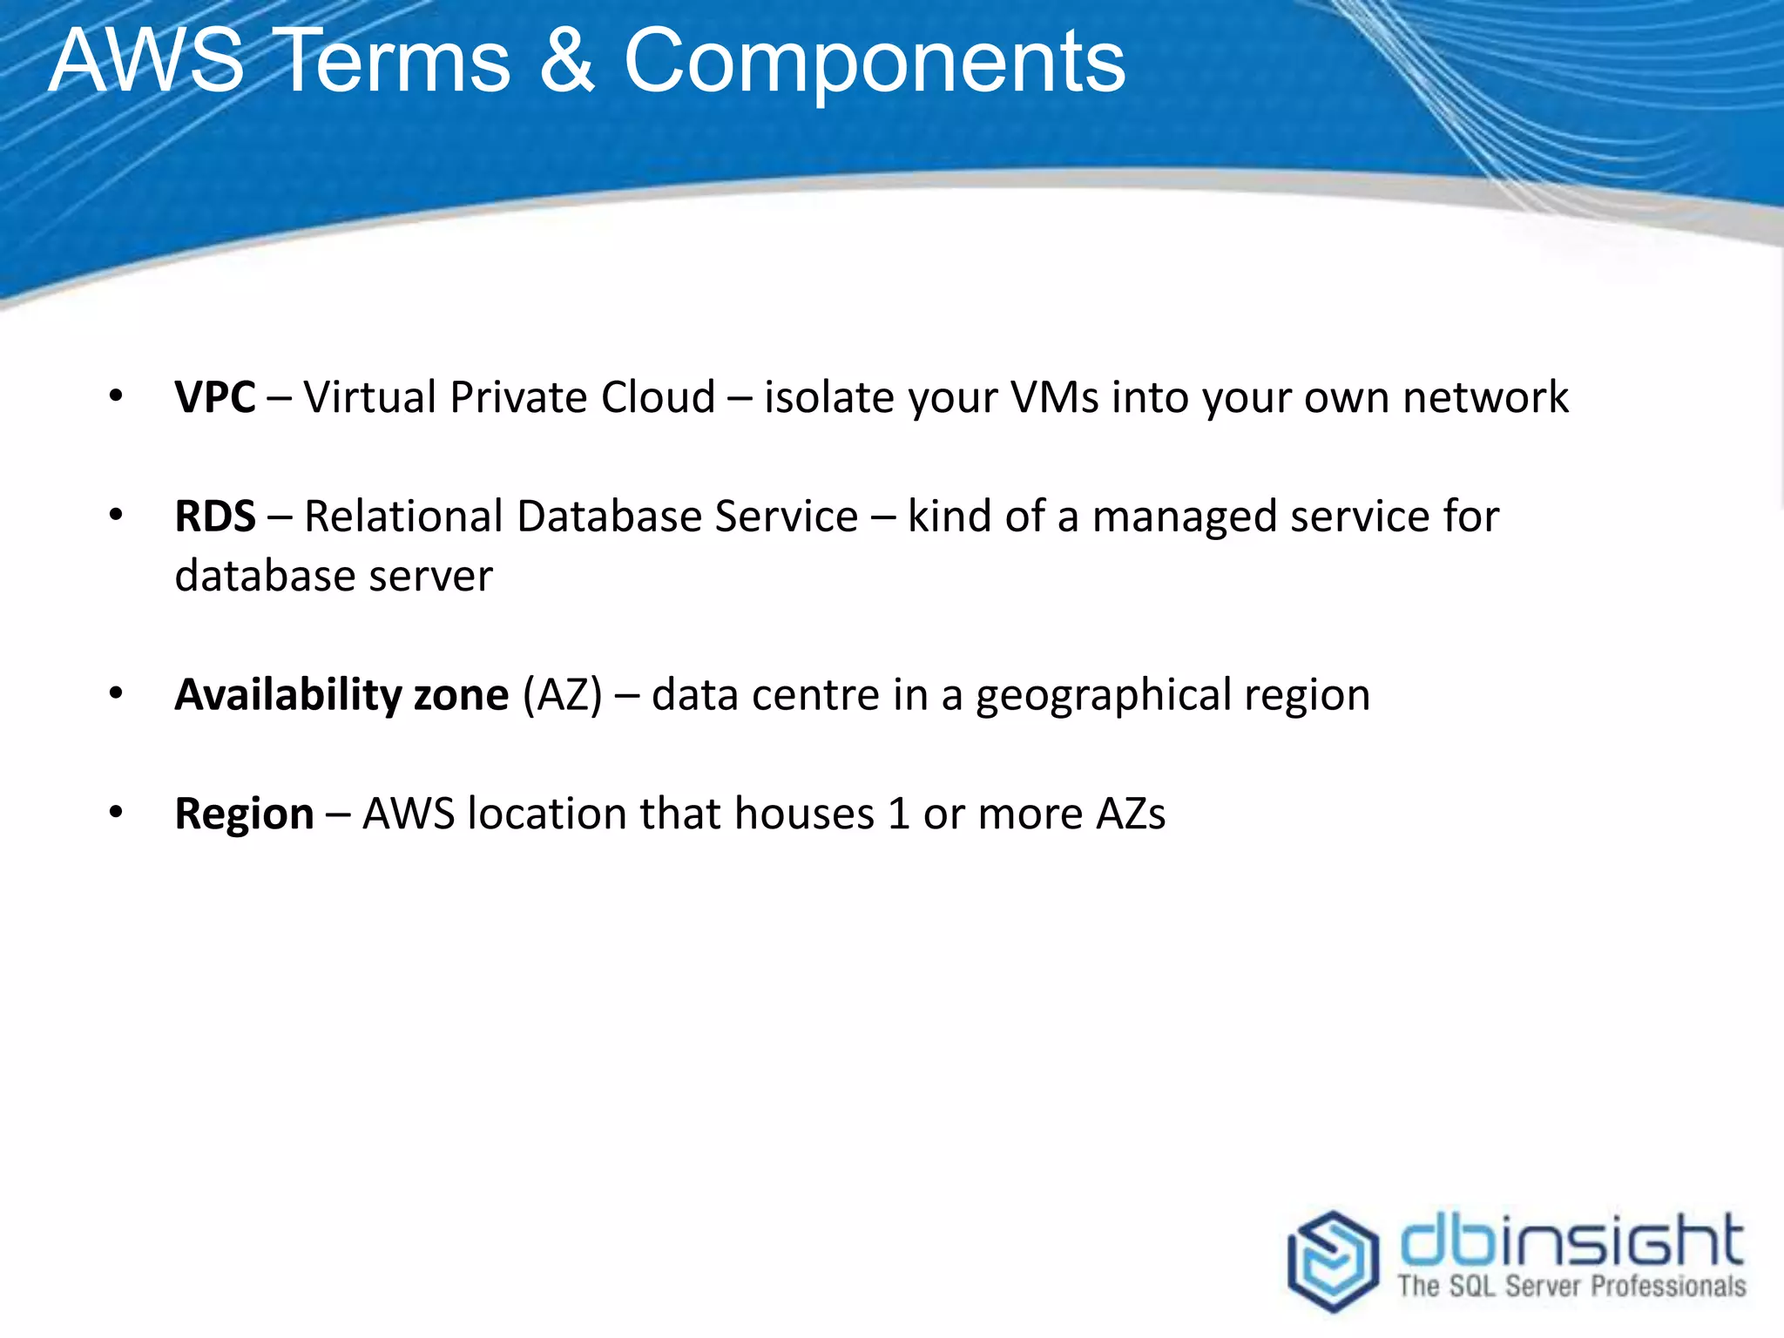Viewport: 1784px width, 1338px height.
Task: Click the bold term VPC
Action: coord(215,397)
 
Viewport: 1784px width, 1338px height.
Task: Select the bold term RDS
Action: coord(215,517)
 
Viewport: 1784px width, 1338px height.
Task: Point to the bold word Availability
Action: coord(287,695)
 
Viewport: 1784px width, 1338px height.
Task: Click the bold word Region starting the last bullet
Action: coord(244,814)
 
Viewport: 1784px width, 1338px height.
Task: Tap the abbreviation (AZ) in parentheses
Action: coord(562,695)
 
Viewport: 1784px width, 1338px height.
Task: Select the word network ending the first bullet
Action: coord(1485,397)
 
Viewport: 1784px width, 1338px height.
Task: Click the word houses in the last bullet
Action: coord(804,814)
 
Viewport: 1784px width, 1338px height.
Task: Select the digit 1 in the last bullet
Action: coord(899,814)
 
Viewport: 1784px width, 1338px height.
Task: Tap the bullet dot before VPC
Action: coord(116,397)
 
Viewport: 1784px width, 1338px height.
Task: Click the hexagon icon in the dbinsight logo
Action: coord(1333,1260)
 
